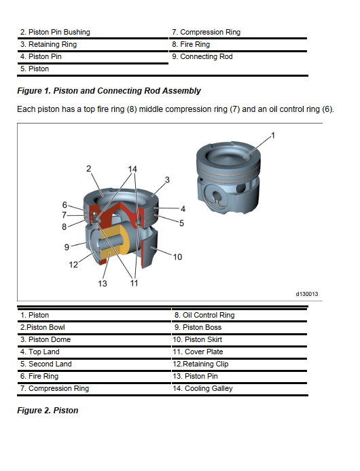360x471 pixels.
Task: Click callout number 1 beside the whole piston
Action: click(x=273, y=136)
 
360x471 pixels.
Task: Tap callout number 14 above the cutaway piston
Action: click(x=132, y=169)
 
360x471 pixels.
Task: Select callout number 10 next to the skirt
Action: click(x=177, y=257)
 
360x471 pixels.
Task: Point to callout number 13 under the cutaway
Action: click(x=103, y=283)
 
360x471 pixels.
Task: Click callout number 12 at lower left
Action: click(x=73, y=264)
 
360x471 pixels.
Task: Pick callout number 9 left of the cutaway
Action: click(x=67, y=247)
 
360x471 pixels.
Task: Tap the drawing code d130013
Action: click(x=307, y=294)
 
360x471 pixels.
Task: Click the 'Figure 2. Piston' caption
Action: click(x=48, y=411)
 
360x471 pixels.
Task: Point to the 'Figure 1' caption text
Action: click(x=109, y=91)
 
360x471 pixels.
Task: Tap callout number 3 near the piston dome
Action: click(x=167, y=180)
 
